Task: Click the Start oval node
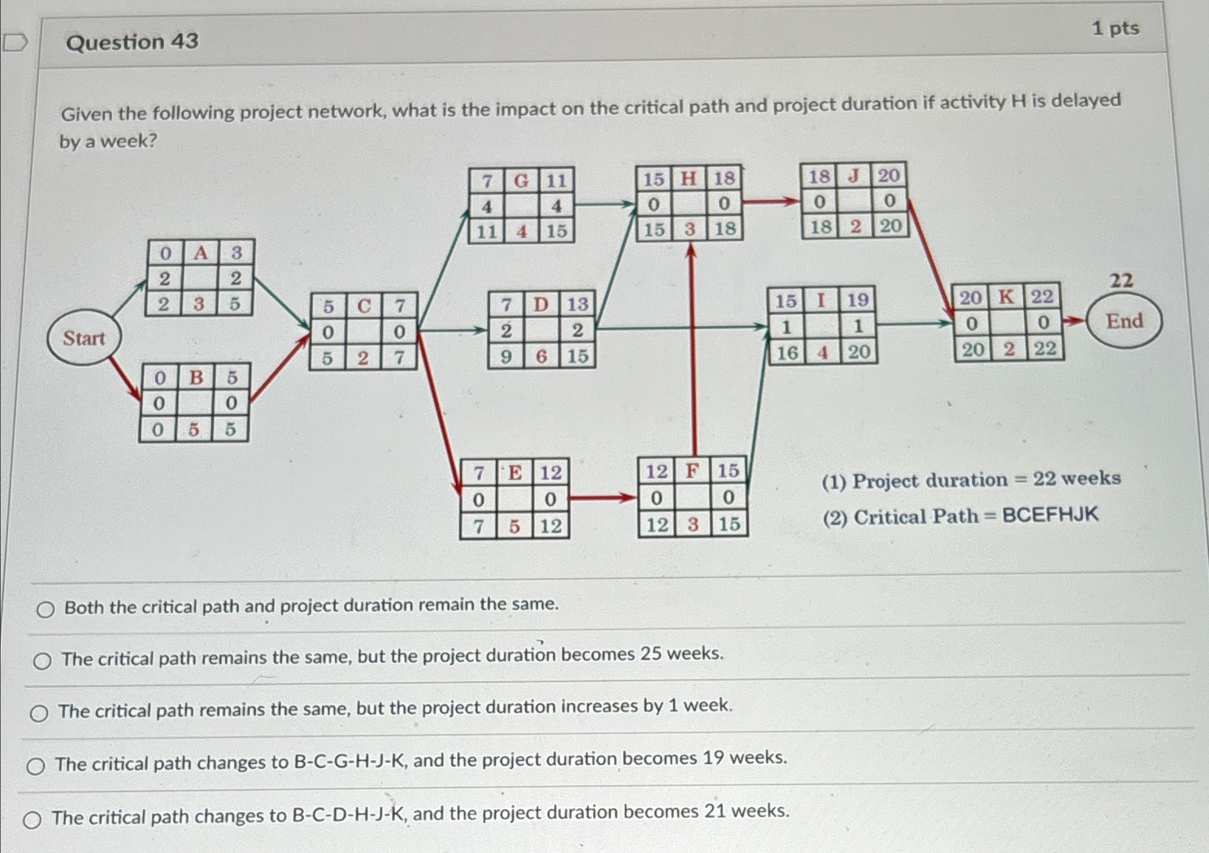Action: (84, 337)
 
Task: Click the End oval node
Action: (1124, 321)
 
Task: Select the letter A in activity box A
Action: (200, 253)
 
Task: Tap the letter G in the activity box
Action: (521, 181)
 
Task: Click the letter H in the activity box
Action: (688, 179)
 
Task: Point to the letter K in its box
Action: (1006, 297)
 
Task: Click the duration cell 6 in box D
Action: (541, 357)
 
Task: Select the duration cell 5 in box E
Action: (514, 526)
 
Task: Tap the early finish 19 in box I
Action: (857, 300)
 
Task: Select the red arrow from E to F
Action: (603, 497)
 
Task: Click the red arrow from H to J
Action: (770, 201)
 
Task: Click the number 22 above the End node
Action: (1121, 280)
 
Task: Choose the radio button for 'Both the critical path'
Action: (45, 610)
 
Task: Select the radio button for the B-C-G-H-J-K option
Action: (35, 767)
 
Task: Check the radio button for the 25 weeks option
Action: (42, 661)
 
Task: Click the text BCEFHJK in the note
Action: (1050, 515)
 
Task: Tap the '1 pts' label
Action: (1115, 28)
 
